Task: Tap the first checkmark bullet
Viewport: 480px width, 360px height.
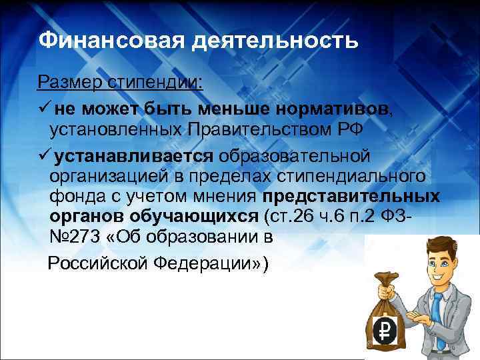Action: click(44, 107)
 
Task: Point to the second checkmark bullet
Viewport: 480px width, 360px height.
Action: click(44, 156)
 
